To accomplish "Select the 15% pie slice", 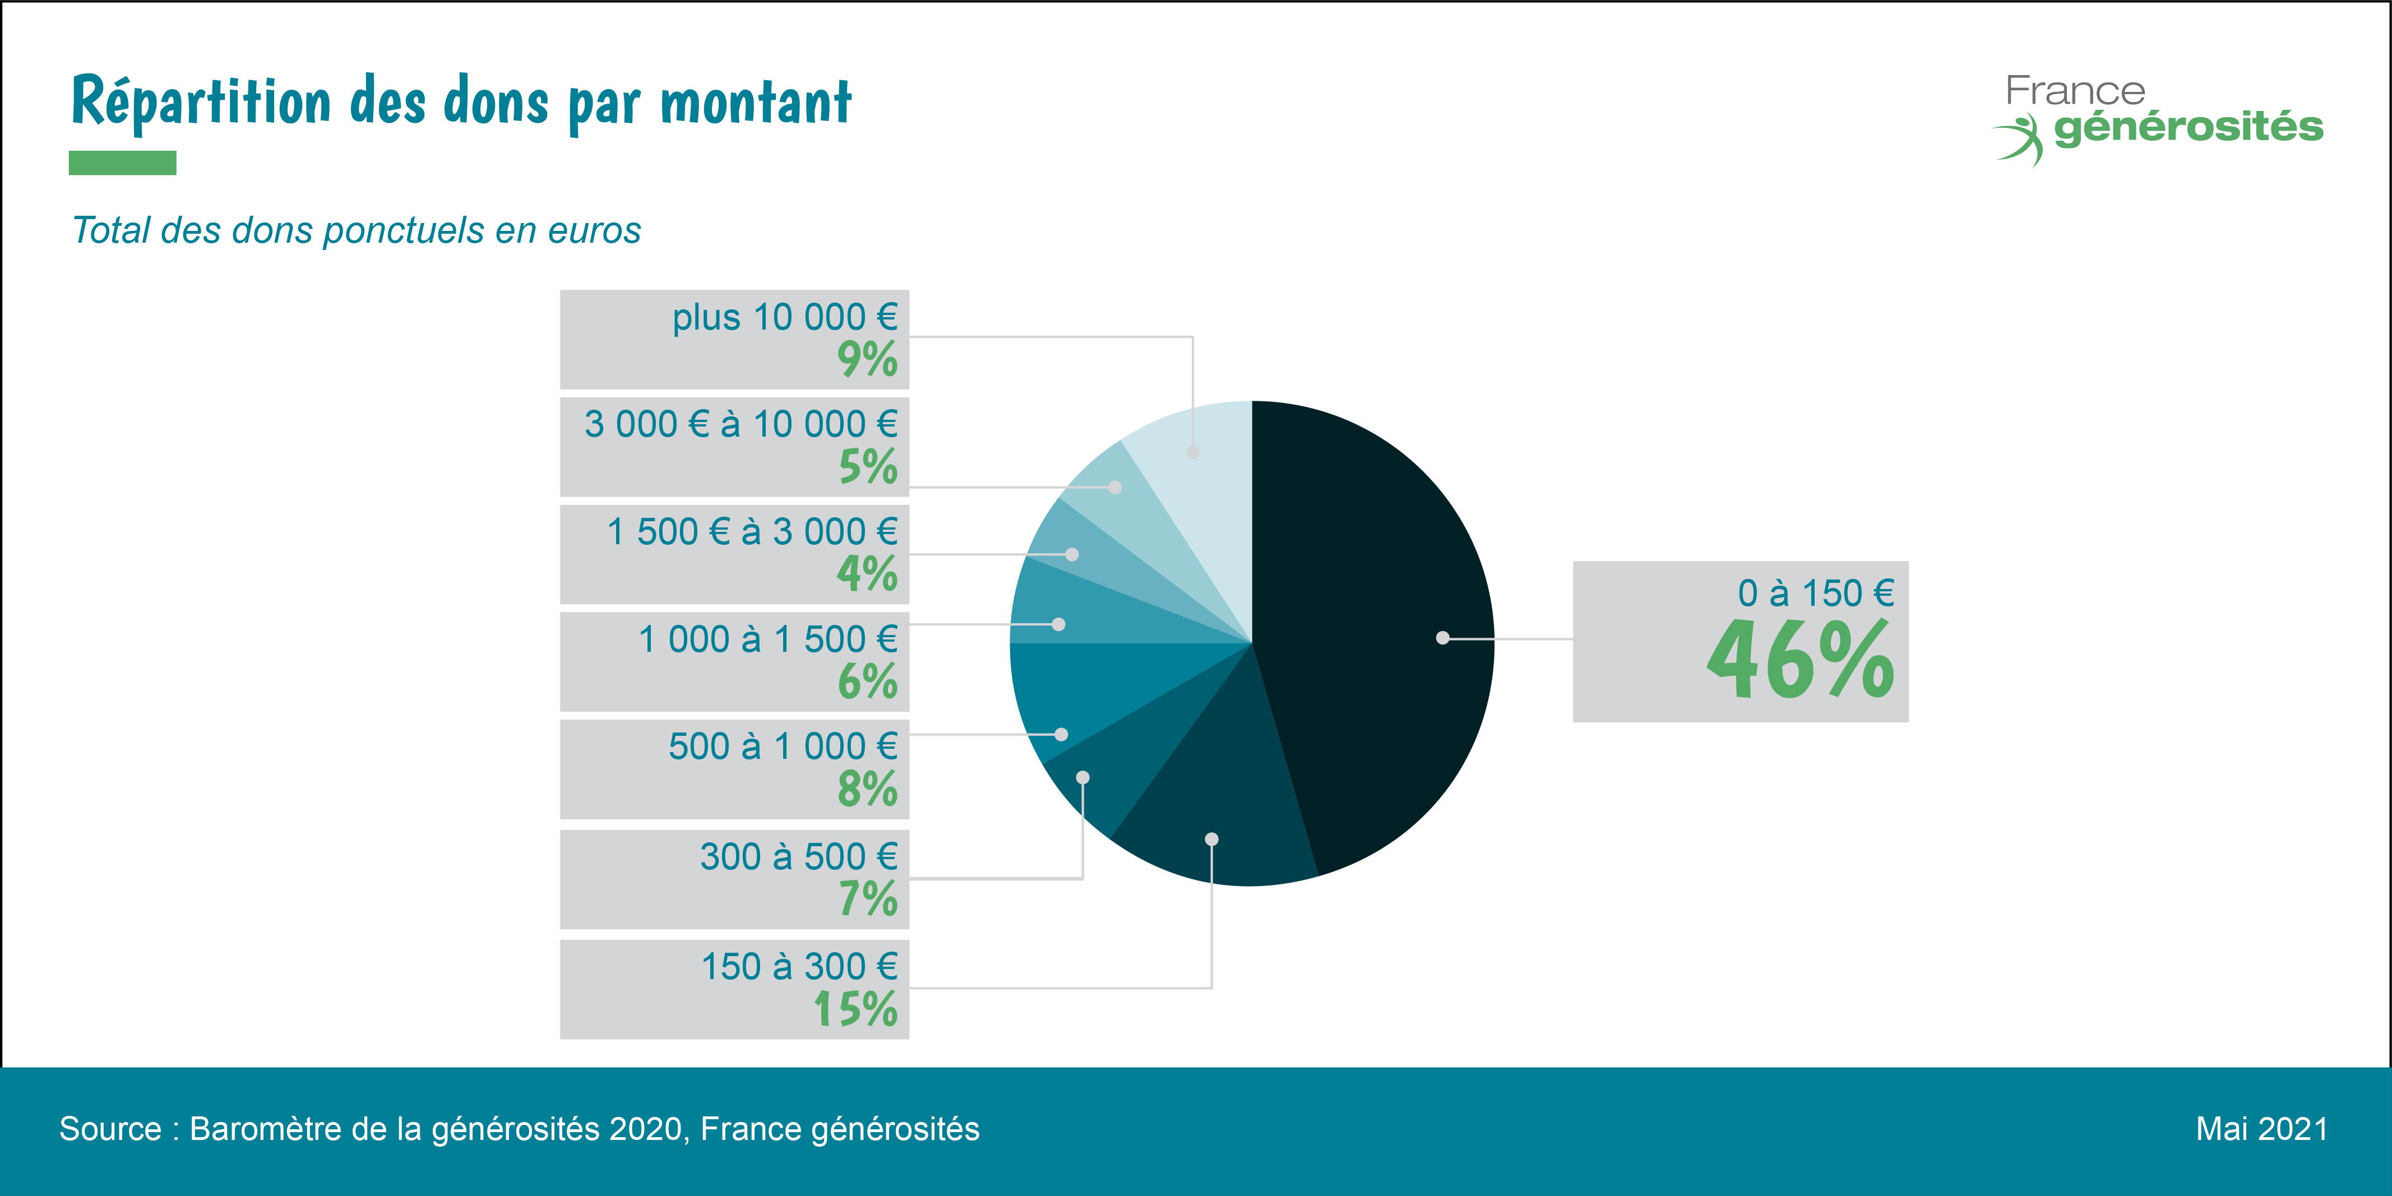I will pos(1216,808).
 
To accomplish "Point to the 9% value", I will pos(867,359).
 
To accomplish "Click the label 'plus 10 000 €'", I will pos(785,318).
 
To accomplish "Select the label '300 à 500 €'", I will pos(799,856).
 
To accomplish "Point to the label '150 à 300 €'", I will pos(799,967).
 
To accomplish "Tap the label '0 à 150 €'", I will pos(1815,592).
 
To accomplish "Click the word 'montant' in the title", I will pos(756,102).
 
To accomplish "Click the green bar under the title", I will pos(123,163).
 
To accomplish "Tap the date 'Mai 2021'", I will pos(2261,1129).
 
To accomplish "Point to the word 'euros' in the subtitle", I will pos(594,230).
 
